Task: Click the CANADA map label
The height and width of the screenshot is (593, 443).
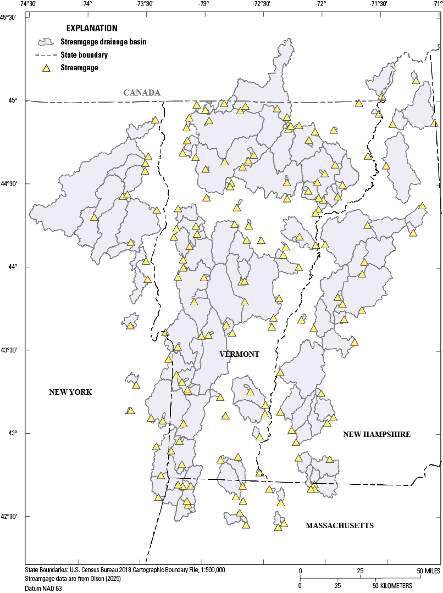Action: click(142, 92)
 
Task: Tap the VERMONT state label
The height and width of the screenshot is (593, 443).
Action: click(239, 354)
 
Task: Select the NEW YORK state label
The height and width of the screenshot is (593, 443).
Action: click(70, 392)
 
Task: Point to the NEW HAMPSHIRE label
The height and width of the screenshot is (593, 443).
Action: click(376, 434)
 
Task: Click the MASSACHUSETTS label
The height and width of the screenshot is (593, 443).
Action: click(340, 525)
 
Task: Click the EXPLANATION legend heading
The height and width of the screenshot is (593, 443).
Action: click(92, 28)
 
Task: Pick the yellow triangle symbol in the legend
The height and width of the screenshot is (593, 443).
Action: click(47, 68)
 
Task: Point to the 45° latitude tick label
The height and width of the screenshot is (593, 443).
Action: click(12, 100)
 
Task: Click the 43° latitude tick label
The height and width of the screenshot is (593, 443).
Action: click(12, 434)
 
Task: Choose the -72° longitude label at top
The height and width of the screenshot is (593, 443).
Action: click(320, 4)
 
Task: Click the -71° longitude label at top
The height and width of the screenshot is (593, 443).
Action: click(437, 4)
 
